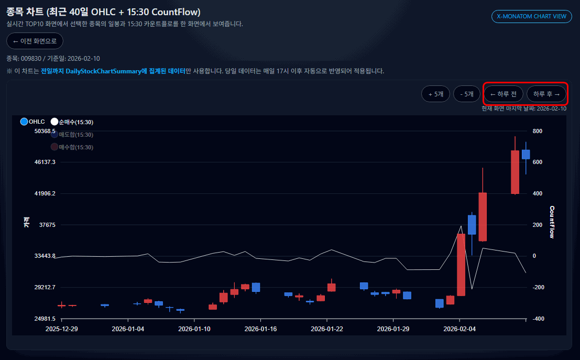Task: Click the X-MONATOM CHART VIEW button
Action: [531, 16]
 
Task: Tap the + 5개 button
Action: [435, 94]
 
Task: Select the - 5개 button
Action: [466, 94]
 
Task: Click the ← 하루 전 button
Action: [503, 94]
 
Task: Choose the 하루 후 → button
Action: [546, 94]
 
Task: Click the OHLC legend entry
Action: [32, 122]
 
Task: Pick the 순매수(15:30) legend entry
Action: [72, 122]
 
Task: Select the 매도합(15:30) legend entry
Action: [72, 135]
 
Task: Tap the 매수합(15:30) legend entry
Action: [72, 147]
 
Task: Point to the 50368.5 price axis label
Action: [45, 131]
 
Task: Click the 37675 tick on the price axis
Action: [47, 225]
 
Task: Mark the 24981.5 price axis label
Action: [45, 319]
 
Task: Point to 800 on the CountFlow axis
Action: [537, 131]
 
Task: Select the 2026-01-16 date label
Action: [260, 329]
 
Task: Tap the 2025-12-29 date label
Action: [61, 329]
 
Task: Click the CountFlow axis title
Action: [552, 222]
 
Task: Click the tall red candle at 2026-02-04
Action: [461, 265]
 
